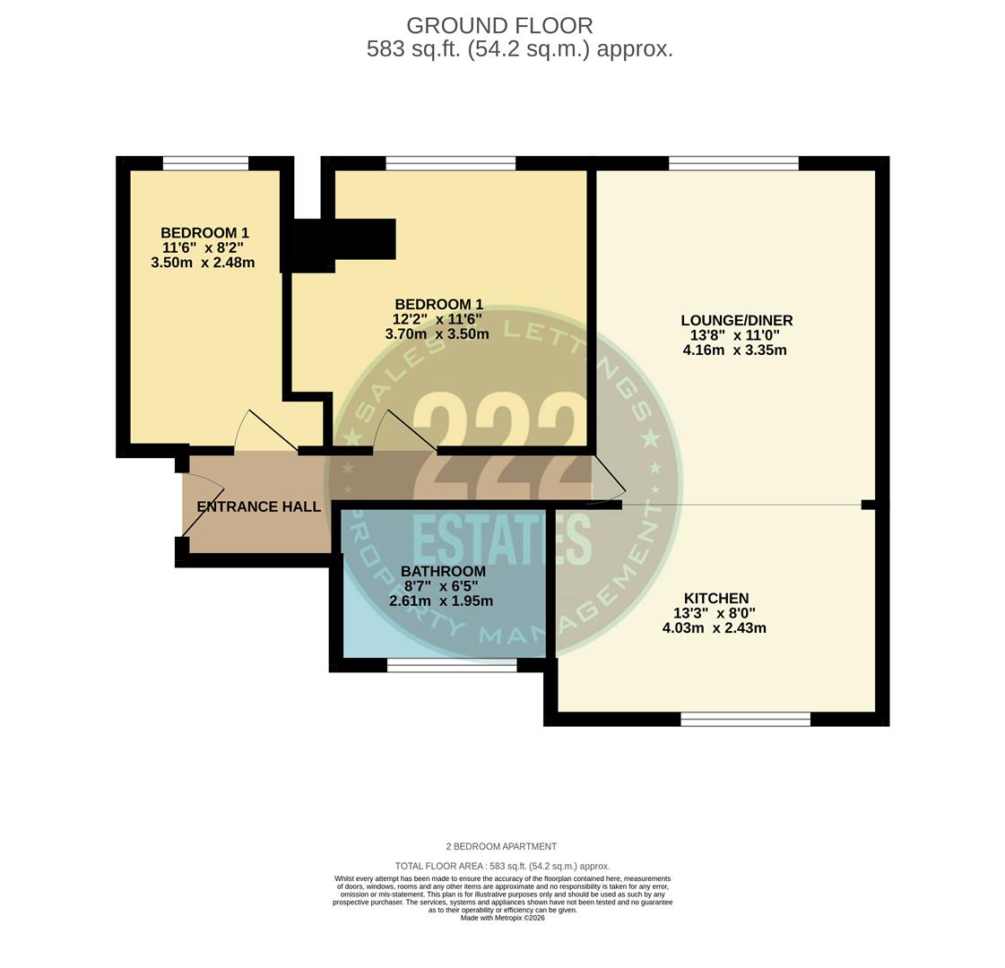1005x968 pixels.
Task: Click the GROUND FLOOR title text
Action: click(x=499, y=26)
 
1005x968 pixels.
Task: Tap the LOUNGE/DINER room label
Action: click(x=736, y=320)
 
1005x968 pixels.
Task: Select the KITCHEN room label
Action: click(x=715, y=598)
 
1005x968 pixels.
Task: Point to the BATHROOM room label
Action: click(x=443, y=571)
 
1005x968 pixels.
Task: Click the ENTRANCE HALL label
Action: click(x=258, y=506)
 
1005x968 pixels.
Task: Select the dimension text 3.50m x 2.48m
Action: click(x=203, y=263)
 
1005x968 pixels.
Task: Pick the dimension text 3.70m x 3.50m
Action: click(x=437, y=334)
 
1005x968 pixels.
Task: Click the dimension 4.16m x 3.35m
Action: click(x=734, y=350)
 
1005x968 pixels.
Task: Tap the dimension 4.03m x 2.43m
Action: click(x=714, y=628)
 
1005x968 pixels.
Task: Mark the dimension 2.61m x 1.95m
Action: click(x=440, y=601)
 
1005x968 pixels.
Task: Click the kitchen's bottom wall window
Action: click(x=745, y=719)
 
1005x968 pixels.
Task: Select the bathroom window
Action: click(x=451, y=665)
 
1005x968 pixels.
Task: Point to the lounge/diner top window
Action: click(x=733, y=163)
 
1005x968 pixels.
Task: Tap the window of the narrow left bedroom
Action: click(x=205, y=163)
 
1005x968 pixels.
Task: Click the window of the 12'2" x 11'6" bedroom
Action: click(x=450, y=163)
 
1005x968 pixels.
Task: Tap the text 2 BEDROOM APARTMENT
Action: click(x=501, y=846)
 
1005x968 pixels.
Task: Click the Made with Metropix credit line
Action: click(x=502, y=918)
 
